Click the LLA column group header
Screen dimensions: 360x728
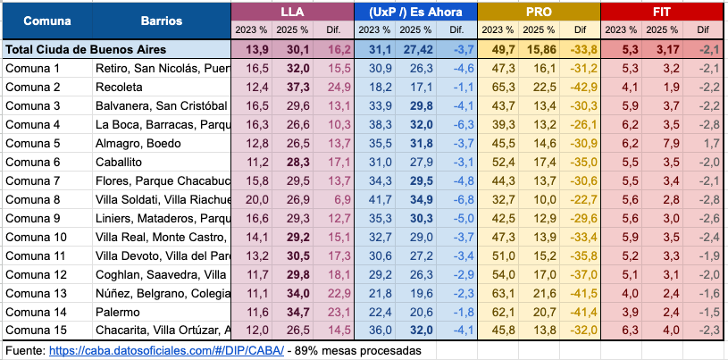point(291,12)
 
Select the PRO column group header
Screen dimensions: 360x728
point(538,12)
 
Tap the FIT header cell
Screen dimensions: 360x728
point(660,12)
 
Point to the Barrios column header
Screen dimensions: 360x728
point(162,20)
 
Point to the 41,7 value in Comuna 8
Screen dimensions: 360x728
point(375,199)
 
